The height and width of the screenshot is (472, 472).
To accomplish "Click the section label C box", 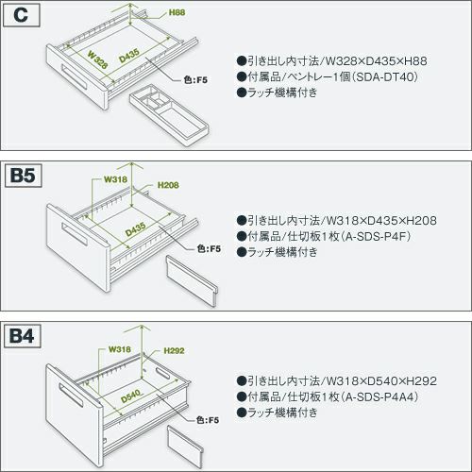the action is point(21,15).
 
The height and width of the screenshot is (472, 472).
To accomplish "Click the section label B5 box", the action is point(23,176).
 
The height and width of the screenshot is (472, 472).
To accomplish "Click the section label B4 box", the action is point(22,336).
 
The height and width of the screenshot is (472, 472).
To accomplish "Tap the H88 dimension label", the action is point(177,12).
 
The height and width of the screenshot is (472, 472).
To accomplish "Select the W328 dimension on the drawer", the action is point(97,59).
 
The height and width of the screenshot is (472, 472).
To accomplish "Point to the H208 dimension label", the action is point(168,185).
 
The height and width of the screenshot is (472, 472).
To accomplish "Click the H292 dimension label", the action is point(174,350).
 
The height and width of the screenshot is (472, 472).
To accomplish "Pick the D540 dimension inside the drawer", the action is point(131,396).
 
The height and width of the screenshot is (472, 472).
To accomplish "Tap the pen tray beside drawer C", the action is point(169,115).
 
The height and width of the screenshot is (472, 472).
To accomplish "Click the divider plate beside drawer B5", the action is point(192,280).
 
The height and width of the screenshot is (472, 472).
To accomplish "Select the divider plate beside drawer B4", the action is point(185,447).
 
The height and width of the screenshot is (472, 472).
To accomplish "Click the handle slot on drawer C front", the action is point(75,77).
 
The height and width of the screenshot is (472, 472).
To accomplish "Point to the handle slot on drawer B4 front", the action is point(71,396).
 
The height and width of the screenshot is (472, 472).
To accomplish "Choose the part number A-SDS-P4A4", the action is point(381,396).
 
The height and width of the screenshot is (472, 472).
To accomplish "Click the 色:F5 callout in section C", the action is point(195,80).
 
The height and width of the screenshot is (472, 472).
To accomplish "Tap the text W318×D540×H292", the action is point(381,381).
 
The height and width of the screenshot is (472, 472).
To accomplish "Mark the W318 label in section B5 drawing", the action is point(116,179).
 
